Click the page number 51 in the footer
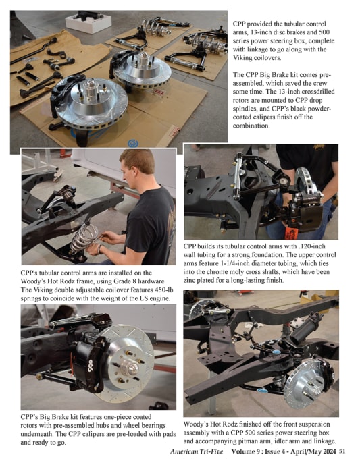click(x=342, y=451)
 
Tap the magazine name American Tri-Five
click(x=197, y=451)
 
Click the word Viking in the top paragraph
click(x=242, y=58)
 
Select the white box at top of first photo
click(x=88, y=22)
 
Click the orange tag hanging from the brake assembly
click(x=291, y=233)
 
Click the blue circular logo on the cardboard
click(x=133, y=144)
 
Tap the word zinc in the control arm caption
click(x=190, y=281)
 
